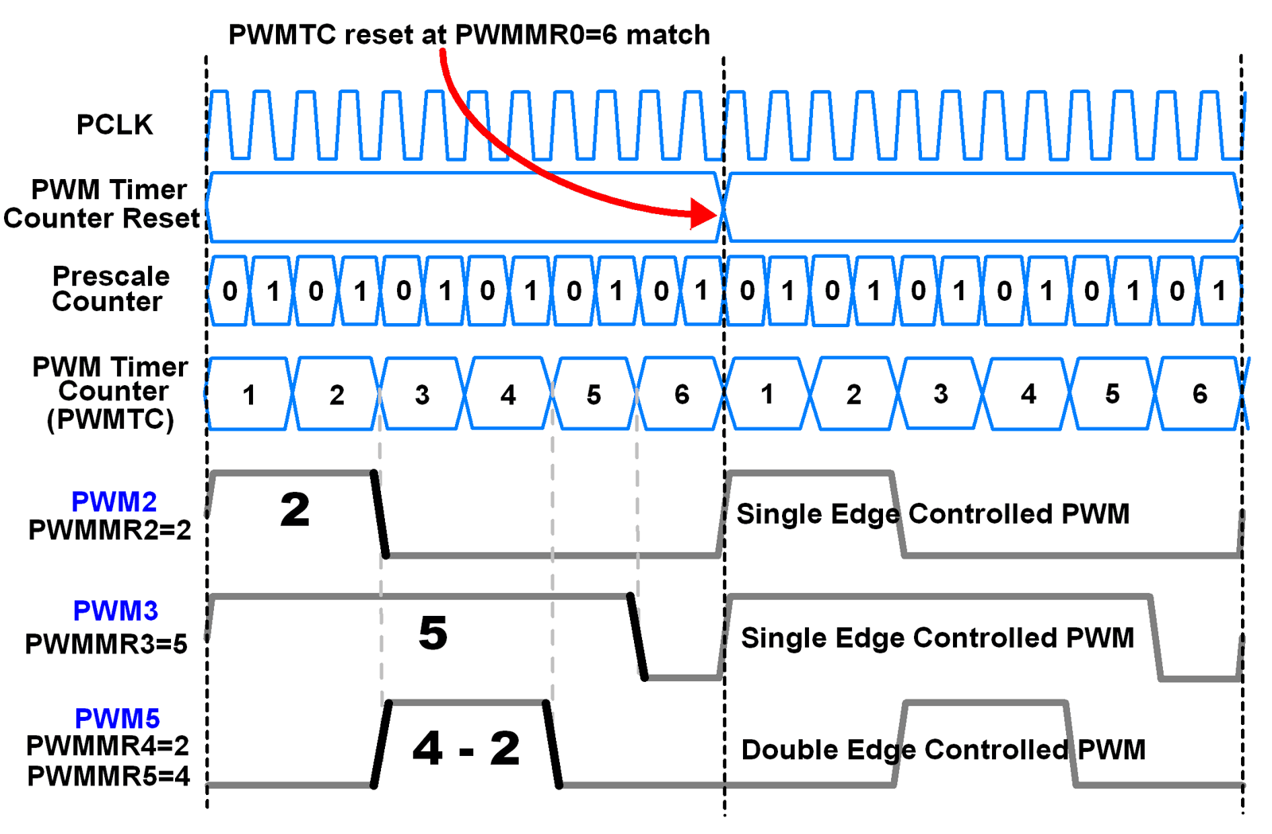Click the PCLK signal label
click(x=115, y=125)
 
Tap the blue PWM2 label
click(x=114, y=501)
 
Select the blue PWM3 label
click(x=115, y=610)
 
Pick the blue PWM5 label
click(x=117, y=718)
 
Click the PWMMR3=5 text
click(x=106, y=643)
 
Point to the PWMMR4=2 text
click(x=107, y=746)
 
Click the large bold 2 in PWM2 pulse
click(x=294, y=509)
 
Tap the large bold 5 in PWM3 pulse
click(x=433, y=633)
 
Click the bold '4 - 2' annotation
click(x=466, y=749)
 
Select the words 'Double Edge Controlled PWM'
click(x=943, y=750)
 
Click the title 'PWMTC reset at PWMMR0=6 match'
click(x=469, y=35)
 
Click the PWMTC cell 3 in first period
click(x=422, y=395)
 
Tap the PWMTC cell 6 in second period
click(x=1200, y=394)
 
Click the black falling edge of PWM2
click(x=380, y=514)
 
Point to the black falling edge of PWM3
click(x=637, y=637)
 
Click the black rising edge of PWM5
click(x=381, y=744)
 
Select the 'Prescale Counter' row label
click(x=110, y=289)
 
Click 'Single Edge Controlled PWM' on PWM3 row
click(x=937, y=637)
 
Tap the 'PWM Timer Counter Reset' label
click(x=103, y=204)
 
